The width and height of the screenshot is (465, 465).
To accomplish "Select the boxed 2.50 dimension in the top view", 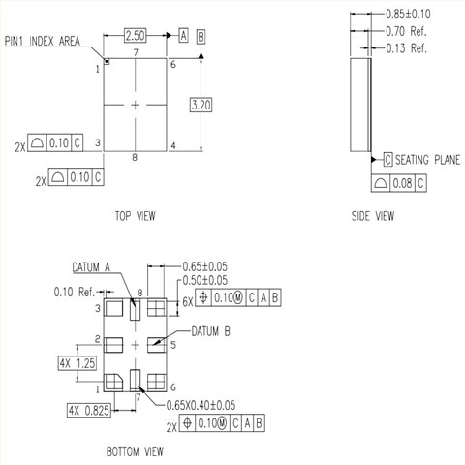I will [135, 36].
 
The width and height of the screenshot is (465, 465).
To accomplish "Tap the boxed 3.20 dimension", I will [201, 104].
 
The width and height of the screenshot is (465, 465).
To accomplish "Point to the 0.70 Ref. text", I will [406, 31].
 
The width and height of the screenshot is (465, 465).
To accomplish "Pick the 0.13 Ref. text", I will [406, 46].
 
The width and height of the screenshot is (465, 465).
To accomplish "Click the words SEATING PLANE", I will [427, 159].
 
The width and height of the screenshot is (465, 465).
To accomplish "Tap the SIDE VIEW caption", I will [372, 216].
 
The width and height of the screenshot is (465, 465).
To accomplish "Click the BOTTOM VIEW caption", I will [135, 451].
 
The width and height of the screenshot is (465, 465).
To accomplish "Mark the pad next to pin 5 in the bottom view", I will [155, 344].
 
